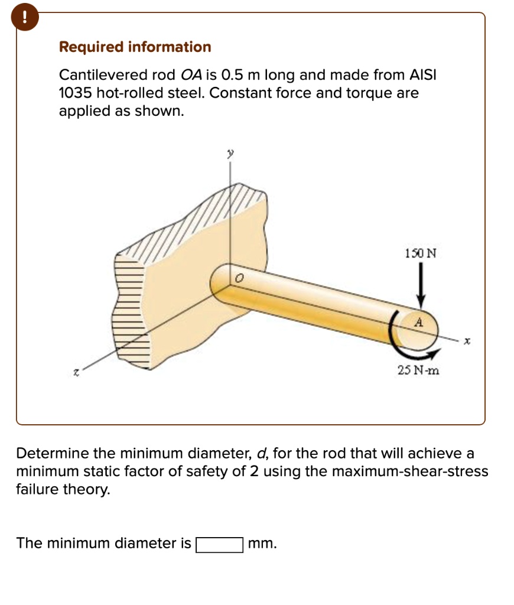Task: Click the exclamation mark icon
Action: point(24,17)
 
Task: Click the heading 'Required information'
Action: point(135,47)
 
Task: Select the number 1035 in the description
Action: point(75,93)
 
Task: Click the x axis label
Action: point(466,341)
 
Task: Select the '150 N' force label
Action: point(421,253)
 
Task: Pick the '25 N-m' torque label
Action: point(418,370)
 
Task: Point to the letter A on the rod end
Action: point(418,323)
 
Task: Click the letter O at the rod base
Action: point(239,278)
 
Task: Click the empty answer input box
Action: point(219,544)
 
